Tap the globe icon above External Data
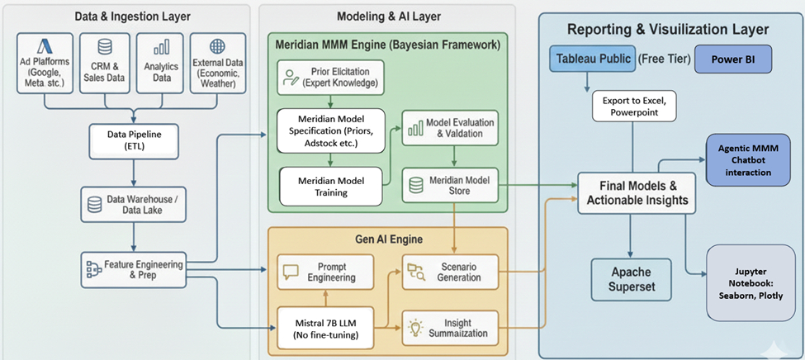pyautogui.click(x=218, y=46)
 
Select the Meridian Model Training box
pyautogui.click(x=332, y=186)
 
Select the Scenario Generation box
pyautogui.click(x=452, y=272)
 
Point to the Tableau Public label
pyautogui.click(x=592, y=59)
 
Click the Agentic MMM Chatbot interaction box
pyautogui.click(x=744, y=161)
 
